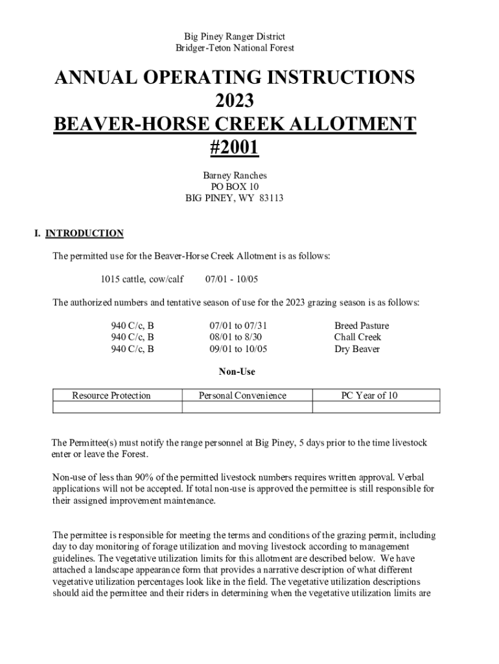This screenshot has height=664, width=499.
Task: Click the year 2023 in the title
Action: tap(234, 101)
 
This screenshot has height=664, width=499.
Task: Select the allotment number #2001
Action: tap(234, 147)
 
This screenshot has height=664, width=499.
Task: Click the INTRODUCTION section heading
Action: tap(84, 233)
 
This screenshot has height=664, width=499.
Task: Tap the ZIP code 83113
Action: tap(271, 198)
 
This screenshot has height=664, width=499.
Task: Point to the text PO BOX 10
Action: tap(235, 187)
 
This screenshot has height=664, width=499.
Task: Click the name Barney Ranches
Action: tap(235, 175)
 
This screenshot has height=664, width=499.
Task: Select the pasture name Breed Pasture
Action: tap(362, 326)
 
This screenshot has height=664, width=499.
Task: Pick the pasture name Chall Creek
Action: tap(358, 337)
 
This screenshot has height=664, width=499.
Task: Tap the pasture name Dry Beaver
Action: tap(357, 349)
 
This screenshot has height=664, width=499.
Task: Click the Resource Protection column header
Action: tap(111, 396)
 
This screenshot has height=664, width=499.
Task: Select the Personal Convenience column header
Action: tap(242, 396)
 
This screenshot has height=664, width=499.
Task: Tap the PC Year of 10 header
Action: tap(369, 396)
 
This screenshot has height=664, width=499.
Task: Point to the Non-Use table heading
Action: tap(237, 372)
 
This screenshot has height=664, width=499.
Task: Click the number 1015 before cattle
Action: tap(111, 279)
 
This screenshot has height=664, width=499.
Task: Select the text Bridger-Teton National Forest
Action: tap(235, 48)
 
